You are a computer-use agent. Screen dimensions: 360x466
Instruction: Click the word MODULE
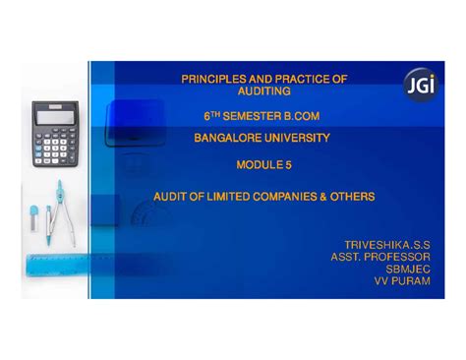click(x=266, y=167)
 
